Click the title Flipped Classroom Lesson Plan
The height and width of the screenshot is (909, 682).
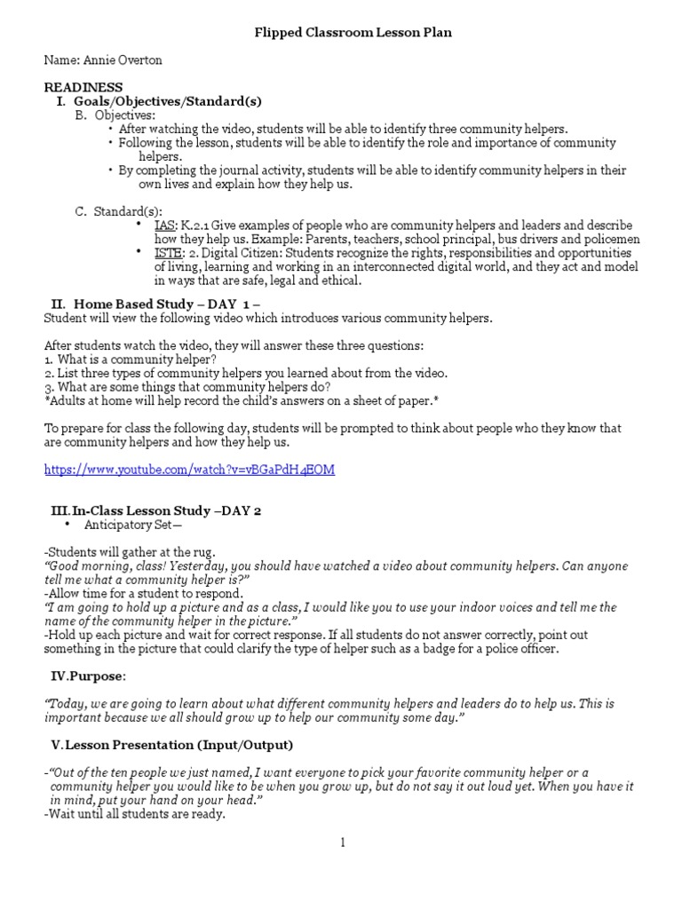click(x=342, y=33)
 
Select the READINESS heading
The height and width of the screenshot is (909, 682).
click(x=83, y=87)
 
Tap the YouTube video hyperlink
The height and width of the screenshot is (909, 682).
click(x=189, y=470)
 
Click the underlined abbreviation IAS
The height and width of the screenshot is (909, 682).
click(x=165, y=226)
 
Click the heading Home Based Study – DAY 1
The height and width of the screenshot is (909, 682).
click(x=151, y=304)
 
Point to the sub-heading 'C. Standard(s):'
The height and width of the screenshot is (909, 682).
click(x=120, y=210)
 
